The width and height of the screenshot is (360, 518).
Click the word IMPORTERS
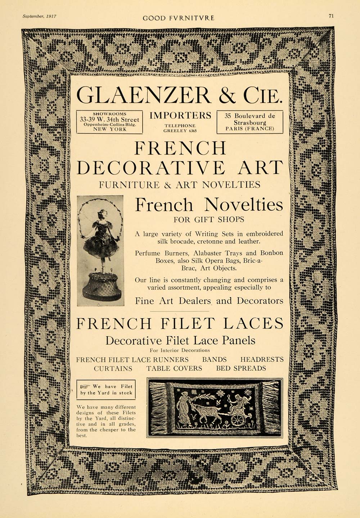point(180,115)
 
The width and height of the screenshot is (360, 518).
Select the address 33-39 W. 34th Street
point(109,119)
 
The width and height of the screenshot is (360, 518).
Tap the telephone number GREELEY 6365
point(180,131)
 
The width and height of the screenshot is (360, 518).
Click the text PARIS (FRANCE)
point(249,128)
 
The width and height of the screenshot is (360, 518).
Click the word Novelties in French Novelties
point(243,205)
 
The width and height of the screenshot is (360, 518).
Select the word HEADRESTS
point(262,359)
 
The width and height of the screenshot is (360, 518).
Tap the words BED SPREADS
point(241,368)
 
